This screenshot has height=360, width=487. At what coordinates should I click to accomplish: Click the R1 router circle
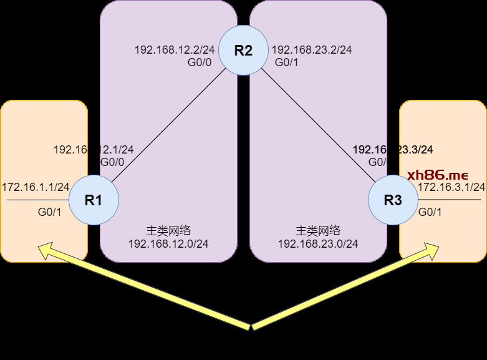(x=94, y=200)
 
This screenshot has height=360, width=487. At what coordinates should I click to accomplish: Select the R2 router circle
(x=243, y=51)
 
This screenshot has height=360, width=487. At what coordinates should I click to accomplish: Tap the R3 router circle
(x=393, y=200)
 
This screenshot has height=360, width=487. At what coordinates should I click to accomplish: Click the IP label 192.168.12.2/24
(x=175, y=49)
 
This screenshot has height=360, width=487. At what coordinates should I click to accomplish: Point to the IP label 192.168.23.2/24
(x=312, y=49)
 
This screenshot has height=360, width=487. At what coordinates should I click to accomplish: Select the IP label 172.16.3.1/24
(x=451, y=187)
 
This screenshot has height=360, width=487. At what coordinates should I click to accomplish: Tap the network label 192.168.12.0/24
(x=168, y=243)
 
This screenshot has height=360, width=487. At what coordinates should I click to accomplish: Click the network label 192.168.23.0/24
(x=318, y=243)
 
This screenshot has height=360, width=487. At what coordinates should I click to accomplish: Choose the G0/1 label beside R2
(x=287, y=62)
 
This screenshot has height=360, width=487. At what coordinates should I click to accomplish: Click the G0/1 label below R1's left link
(x=49, y=212)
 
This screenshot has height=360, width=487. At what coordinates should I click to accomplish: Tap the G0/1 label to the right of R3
(x=430, y=212)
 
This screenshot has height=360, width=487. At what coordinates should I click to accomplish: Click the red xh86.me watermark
(x=437, y=174)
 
